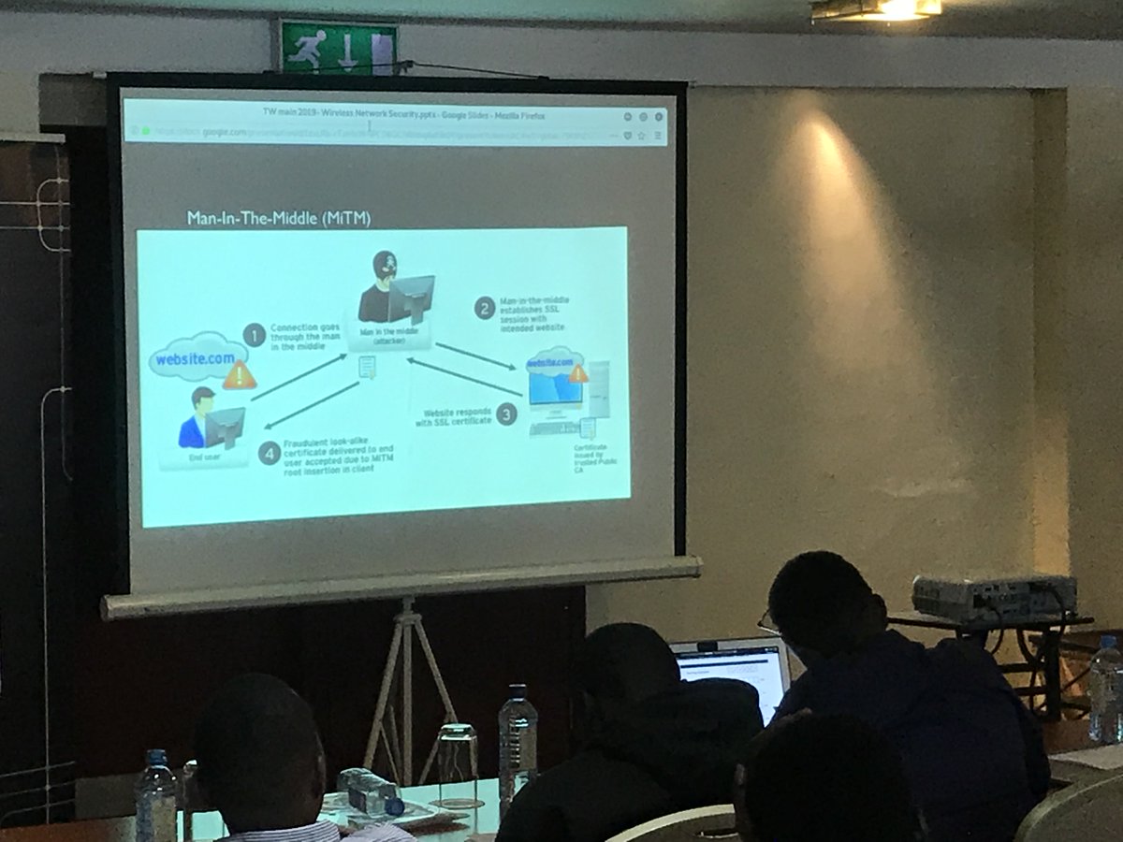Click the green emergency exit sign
click(339, 47)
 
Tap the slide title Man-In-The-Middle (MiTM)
click(279, 219)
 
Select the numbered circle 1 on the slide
click(254, 335)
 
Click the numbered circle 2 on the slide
click(484, 308)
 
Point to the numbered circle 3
click(506, 414)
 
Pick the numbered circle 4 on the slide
click(270, 455)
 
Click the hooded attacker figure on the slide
click(384, 288)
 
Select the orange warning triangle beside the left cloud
click(240, 375)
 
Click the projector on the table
click(992, 597)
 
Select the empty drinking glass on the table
click(457, 763)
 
